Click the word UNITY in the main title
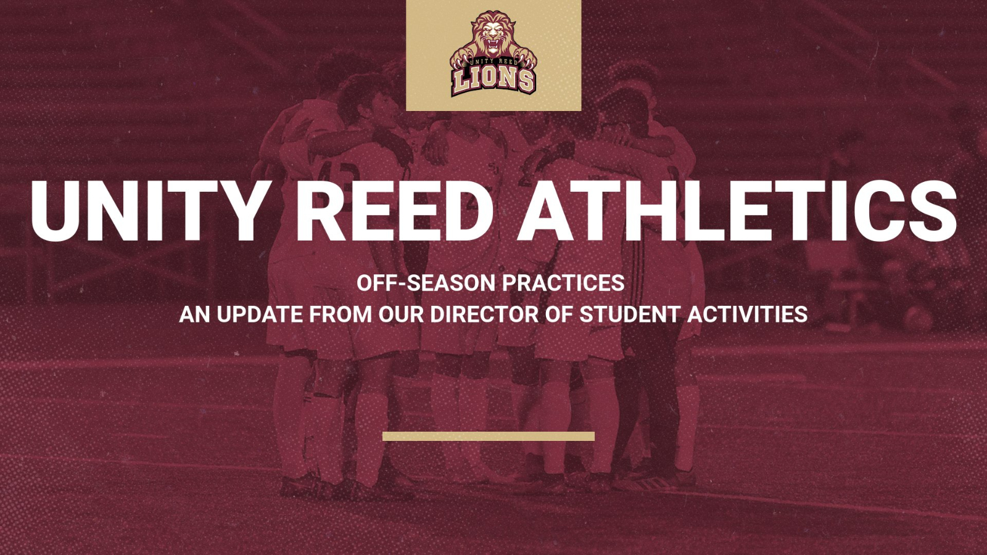[x=148, y=210]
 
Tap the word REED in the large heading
[x=395, y=210]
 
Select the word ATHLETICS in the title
[x=737, y=210]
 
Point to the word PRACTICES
[x=563, y=283]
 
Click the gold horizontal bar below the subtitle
[x=488, y=437]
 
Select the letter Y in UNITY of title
[x=237, y=210]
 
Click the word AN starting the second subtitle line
[x=195, y=314]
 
